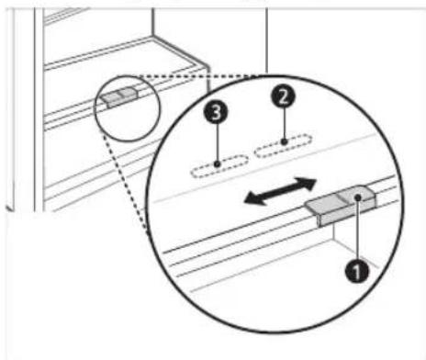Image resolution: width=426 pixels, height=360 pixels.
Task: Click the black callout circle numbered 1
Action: click(357, 270)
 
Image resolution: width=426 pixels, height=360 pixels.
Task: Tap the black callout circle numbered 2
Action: click(284, 96)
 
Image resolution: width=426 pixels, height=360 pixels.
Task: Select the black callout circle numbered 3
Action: click(216, 112)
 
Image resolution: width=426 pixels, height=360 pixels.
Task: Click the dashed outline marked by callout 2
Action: click(283, 146)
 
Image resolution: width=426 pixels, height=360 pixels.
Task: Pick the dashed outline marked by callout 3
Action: click(219, 166)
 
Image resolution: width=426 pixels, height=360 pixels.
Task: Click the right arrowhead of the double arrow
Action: click(306, 183)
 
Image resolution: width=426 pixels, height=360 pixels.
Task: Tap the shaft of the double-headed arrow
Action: click(280, 191)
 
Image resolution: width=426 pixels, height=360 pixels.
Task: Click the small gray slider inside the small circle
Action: click(120, 96)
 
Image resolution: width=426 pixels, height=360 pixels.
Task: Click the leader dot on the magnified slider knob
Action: click(358, 197)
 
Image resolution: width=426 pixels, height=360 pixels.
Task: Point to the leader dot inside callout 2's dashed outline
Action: click(285, 141)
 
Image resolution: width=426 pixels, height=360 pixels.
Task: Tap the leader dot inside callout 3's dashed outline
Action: click(217, 164)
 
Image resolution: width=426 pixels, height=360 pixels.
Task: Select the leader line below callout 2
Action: click(285, 123)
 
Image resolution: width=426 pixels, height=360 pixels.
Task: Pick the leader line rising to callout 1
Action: click(357, 230)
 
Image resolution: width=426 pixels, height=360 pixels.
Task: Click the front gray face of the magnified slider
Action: click(347, 214)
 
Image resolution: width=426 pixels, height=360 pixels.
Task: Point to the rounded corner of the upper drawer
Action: click(206, 66)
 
